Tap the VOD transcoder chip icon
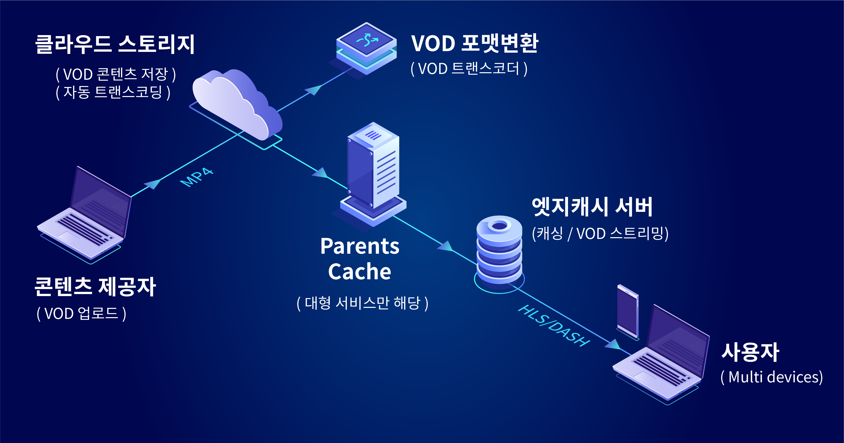[x=366, y=47]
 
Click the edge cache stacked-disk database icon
[x=499, y=250]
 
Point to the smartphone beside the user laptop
[x=628, y=311]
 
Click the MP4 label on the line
[x=197, y=177]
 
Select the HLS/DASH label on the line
[x=554, y=326]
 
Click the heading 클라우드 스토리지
[x=115, y=44]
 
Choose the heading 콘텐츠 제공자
[x=95, y=287]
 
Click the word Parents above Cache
[x=360, y=246]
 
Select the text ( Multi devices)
[x=771, y=377]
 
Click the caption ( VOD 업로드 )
[x=81, y=313]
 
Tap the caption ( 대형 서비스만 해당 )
[x=362, y=303]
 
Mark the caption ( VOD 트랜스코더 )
[x=469, y=69]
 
